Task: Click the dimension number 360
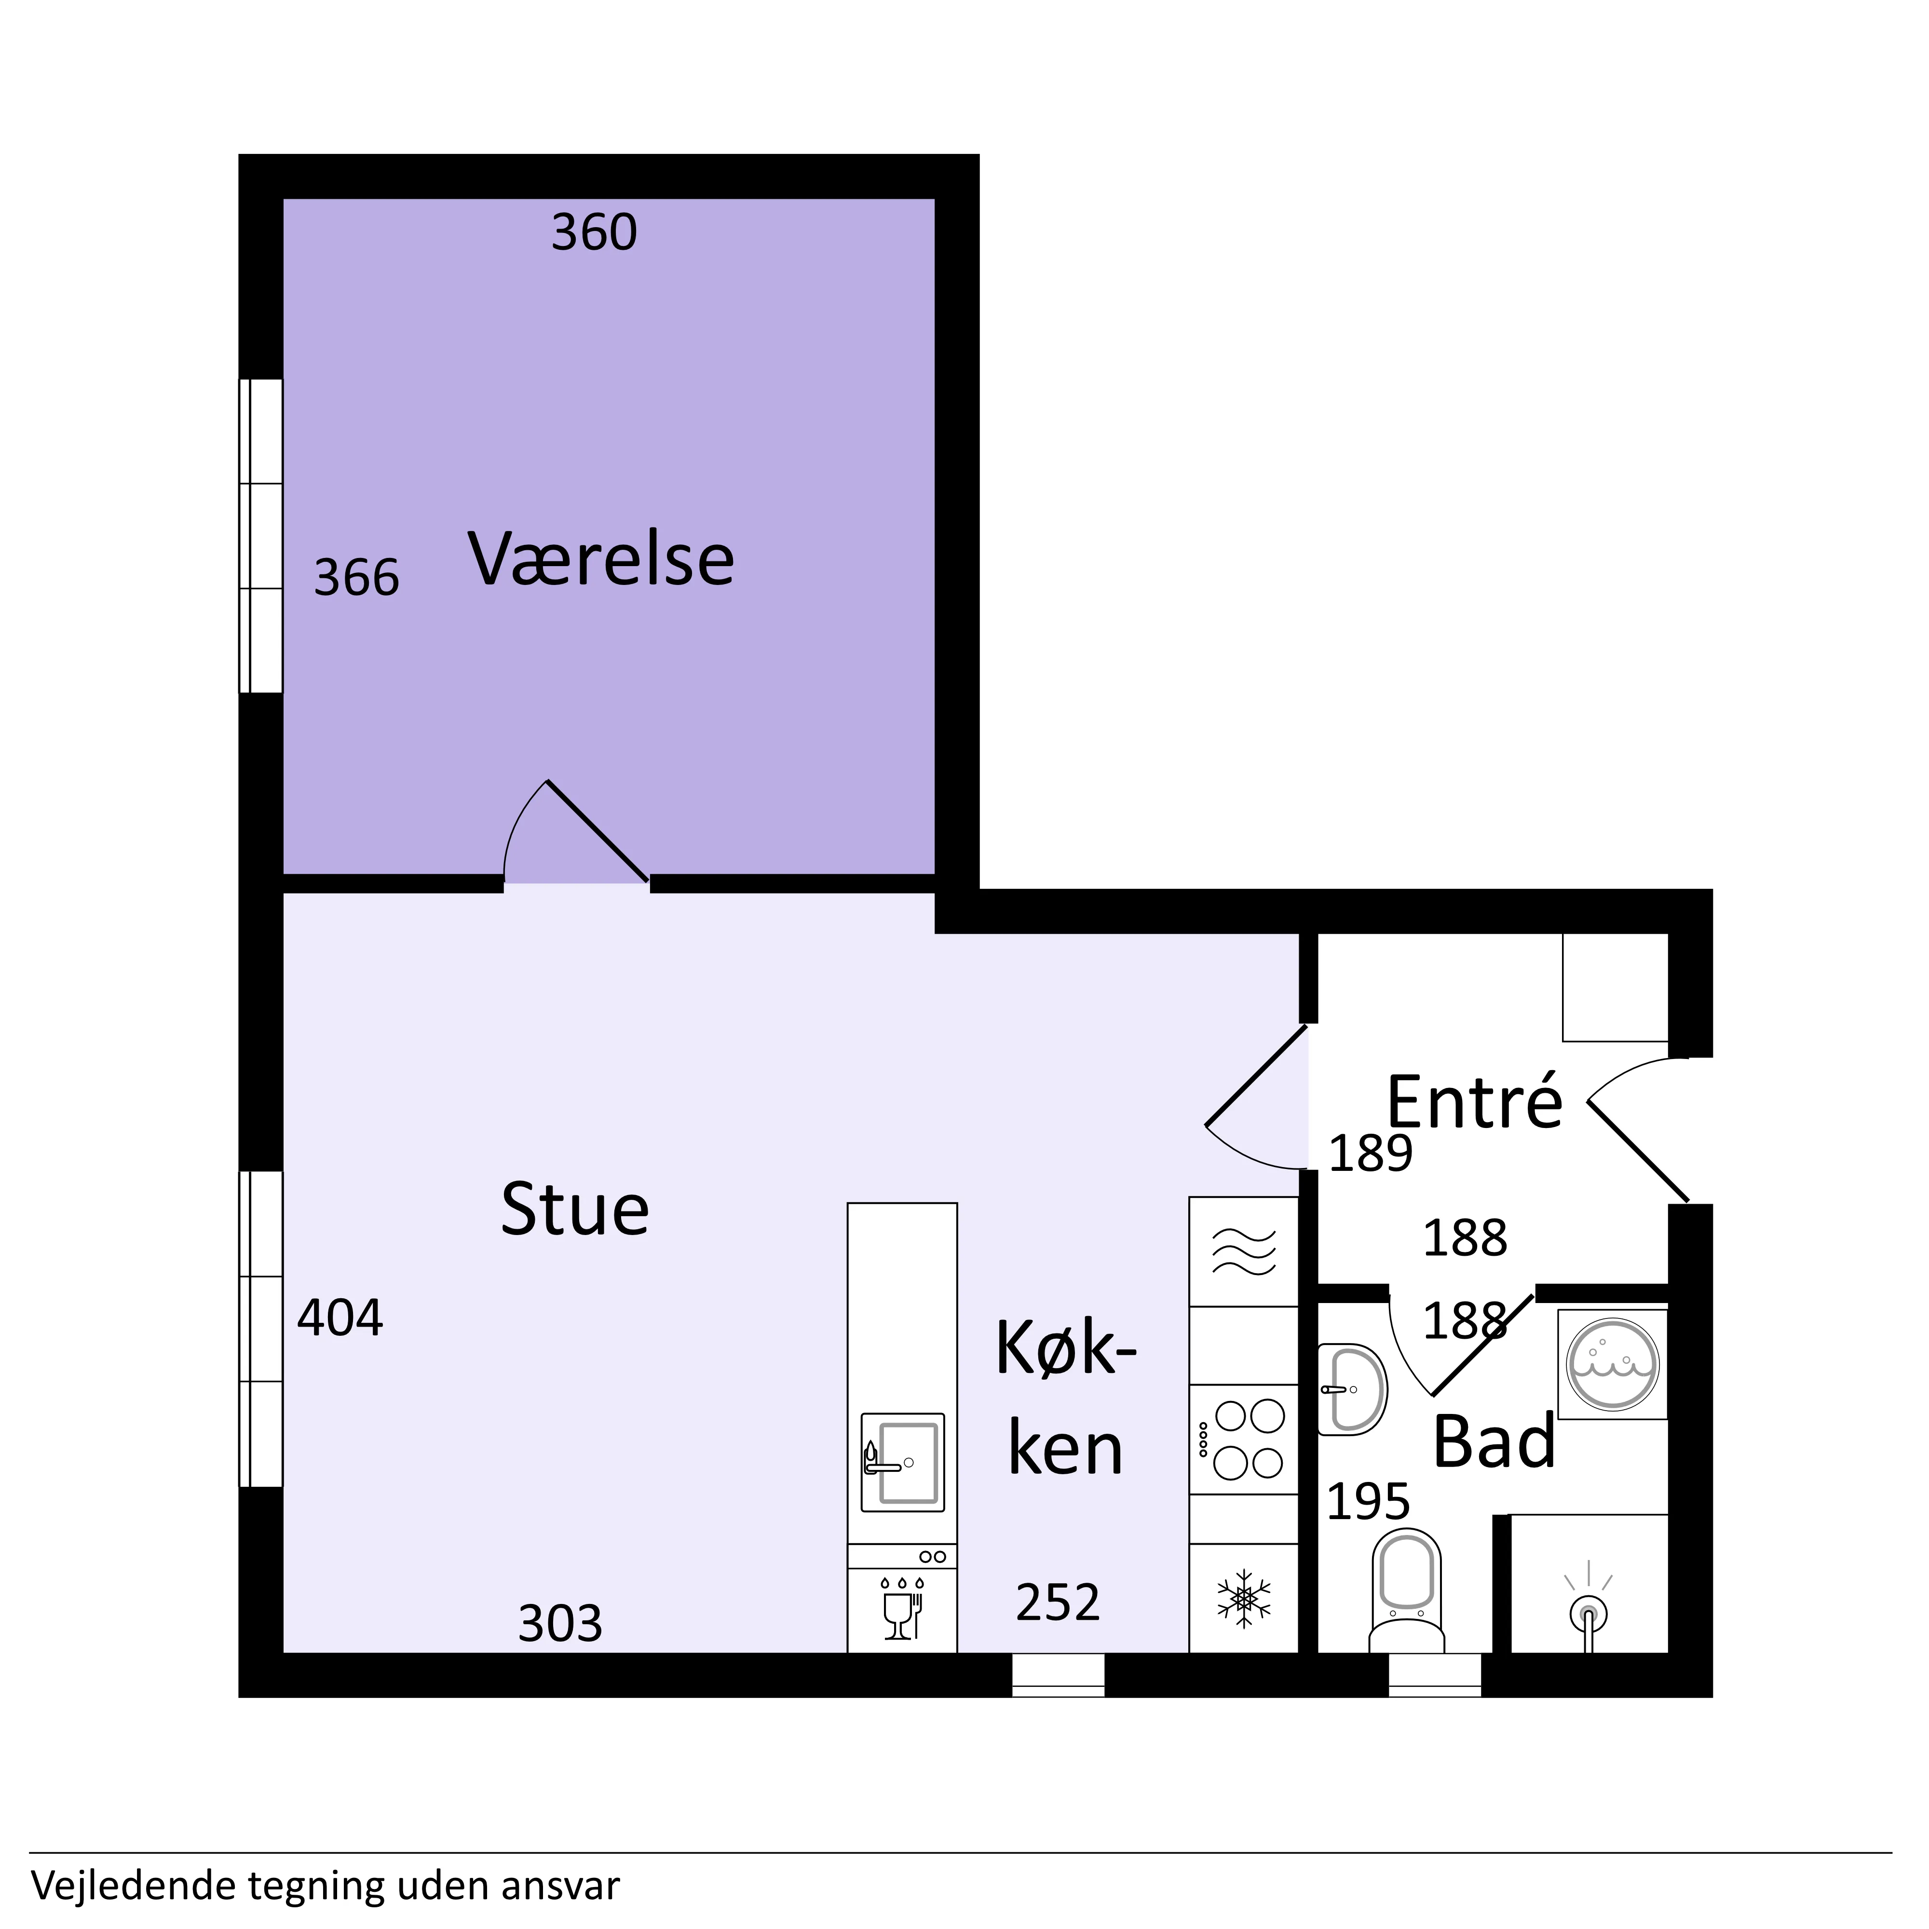click(x=594, y=232)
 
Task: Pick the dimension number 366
click(x=356, y=578)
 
